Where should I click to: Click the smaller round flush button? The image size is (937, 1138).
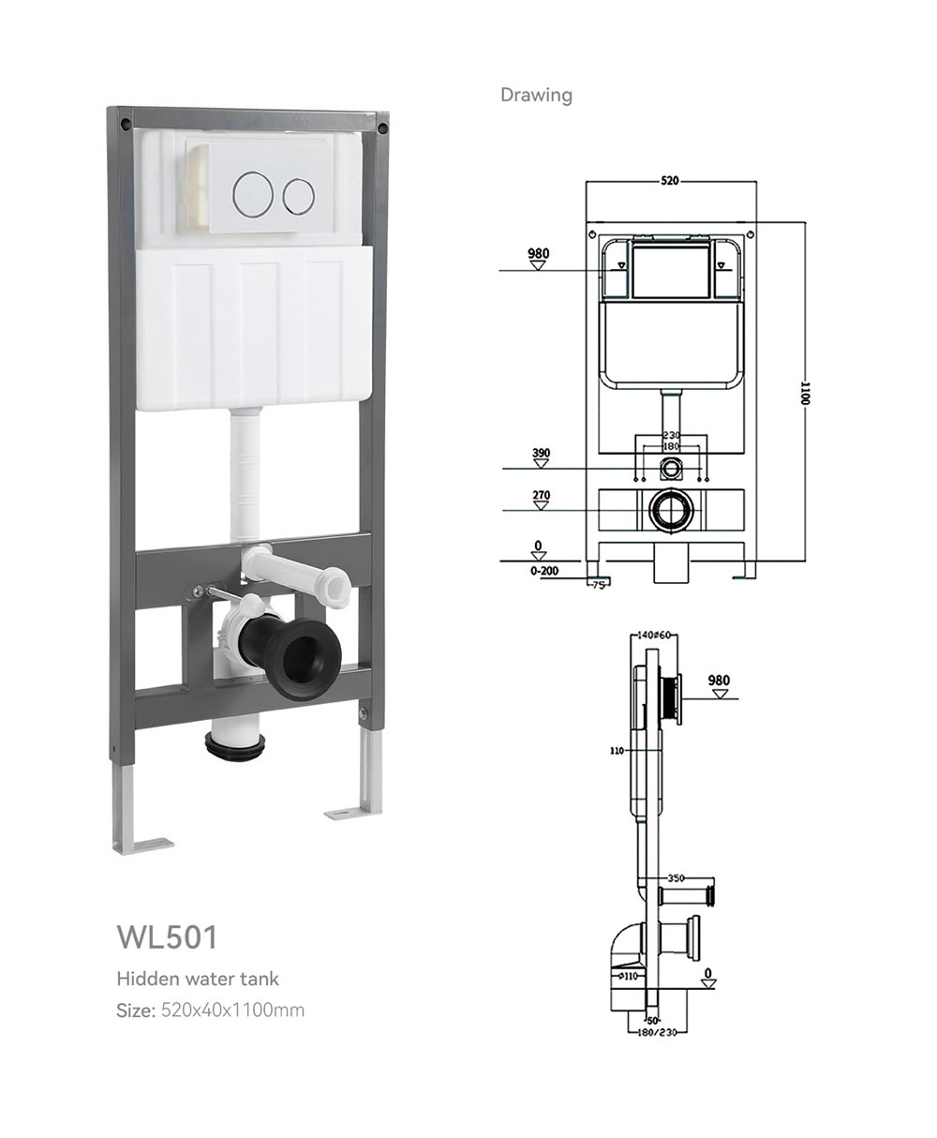pyautogui.click(x=298, y=196)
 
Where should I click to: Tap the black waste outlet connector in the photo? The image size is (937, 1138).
pyautogui.click(x=291, y=657)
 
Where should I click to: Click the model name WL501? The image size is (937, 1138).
pyautogui.click(x=167, y=936)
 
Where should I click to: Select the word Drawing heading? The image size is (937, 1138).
pyautogui.click(x=536, y=95)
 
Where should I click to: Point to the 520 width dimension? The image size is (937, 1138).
pyautogui.click(x=670, y=180)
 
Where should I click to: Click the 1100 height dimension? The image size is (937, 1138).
pyautogui.click(x=806, y=393)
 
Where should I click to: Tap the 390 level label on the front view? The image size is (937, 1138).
pyautogui.click(x=541, y=453)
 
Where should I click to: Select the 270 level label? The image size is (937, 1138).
pyautogui.click(x=541, y=495)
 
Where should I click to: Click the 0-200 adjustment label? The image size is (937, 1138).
pyautogui.click(x=544, y=571)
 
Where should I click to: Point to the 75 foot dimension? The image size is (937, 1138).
pyautogui.click(x=598, y=585)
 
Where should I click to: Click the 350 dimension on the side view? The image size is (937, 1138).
pyautogui.click(x=676, y=878)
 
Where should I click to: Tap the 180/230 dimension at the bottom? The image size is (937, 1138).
pyautogui.click(x=657, y=1032)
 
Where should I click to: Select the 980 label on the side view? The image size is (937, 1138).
pyautogui.click(x=719, y=681)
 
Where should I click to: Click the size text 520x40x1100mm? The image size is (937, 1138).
pyautogui.click(x=232, y=1010)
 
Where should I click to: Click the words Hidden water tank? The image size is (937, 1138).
pyautogui.click(x=198, y=979)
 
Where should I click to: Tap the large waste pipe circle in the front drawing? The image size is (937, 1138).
pyautogui.click(x=672, y=510)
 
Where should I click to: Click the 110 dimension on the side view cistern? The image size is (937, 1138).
pyautogui.click(x=617, y=751)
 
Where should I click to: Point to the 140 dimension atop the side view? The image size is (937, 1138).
pyautogui.click(x=645, y=635)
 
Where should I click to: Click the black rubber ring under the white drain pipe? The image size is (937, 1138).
pyautogui.click(x=235, y=744)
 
